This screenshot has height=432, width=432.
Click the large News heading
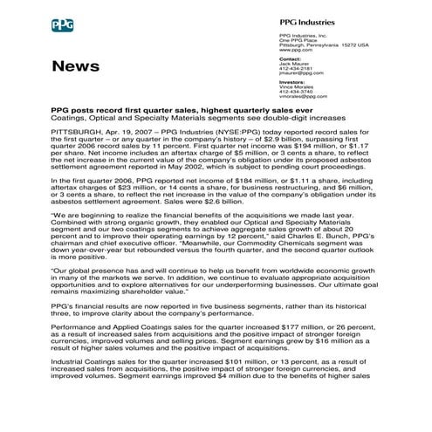click(x=75, y=66)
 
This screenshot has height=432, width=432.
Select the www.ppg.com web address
click(x=293, y=51)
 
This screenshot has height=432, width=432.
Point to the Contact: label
click(x=290, y=59)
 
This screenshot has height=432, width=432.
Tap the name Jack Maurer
click(x=294, y=64)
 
